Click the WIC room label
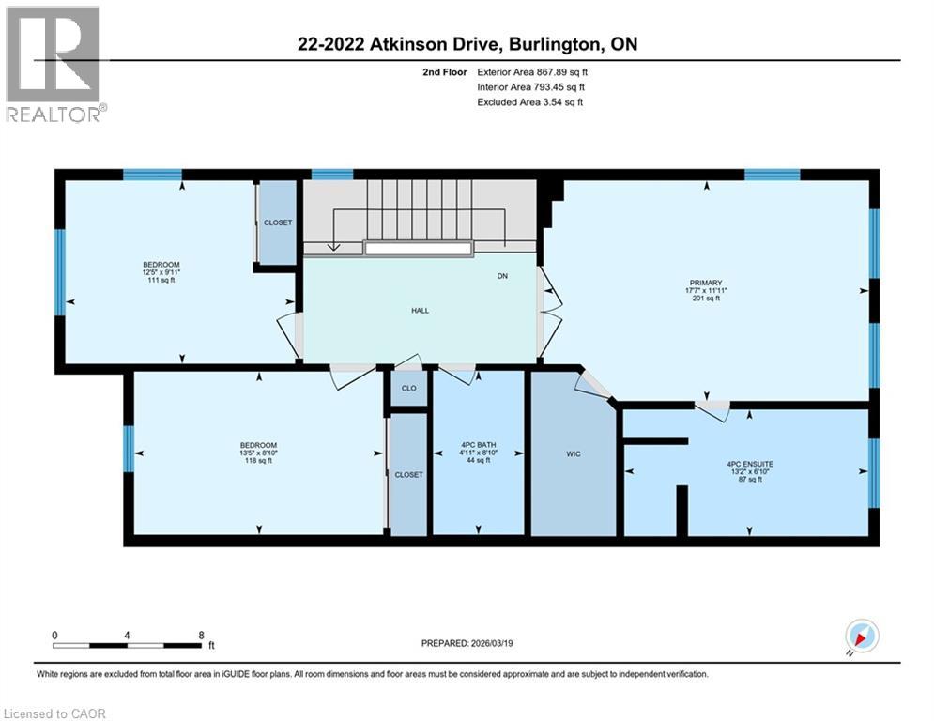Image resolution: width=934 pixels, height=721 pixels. (x=574, y=454)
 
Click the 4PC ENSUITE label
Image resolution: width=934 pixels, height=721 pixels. (x=748, y=464)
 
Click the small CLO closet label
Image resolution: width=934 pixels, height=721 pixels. (x=408, y=388)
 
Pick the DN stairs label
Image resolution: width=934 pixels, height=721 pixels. (x=502, y=276)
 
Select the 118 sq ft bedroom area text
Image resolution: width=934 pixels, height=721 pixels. (x=257, y=461)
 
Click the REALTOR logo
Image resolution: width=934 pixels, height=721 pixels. (x=54, y=64)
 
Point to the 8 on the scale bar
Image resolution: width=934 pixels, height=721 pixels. (x=201, y=635)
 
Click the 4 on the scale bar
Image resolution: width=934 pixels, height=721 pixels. (x=127, y=635)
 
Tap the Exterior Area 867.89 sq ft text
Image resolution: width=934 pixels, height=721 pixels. (x=532, y=71)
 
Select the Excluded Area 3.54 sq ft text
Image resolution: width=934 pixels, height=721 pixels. (x=529, y=101)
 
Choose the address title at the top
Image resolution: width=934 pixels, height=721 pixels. (x=466, y=45)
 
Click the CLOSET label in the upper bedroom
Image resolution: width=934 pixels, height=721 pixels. (x=278, y=222)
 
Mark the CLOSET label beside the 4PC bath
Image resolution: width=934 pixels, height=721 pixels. (x=408, y=475)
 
